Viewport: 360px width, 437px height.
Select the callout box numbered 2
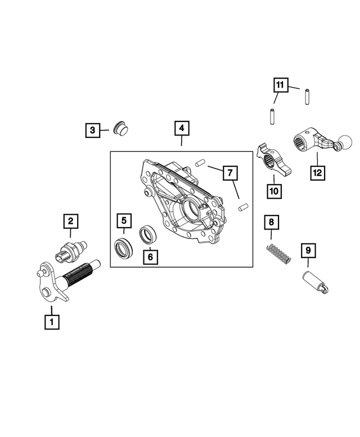[70, 222]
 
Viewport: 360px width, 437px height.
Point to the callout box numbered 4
[181, 129]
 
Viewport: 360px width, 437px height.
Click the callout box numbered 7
[229, 173]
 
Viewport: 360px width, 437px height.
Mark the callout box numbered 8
[271, 223]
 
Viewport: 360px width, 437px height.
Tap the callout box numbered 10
[273, 191]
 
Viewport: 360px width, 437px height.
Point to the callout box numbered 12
[317, 173]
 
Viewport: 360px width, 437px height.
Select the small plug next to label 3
[119, 129]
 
